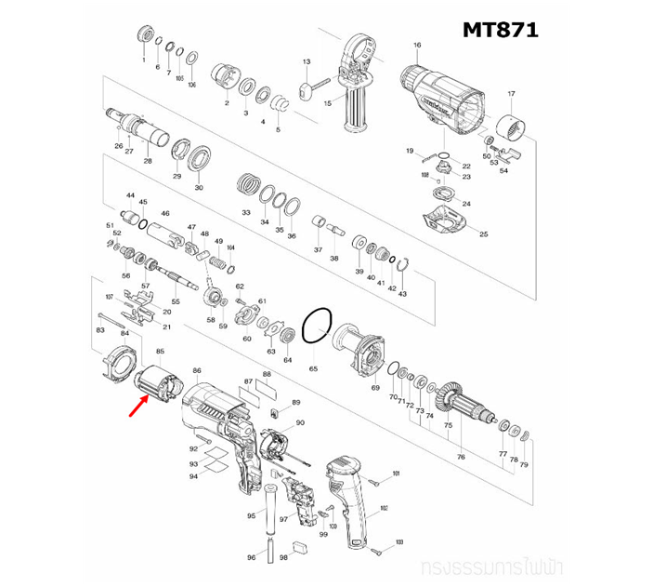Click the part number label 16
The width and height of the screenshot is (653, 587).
pos(417,46)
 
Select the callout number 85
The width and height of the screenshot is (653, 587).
pos(160,351)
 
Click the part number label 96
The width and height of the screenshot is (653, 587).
pos(250,557)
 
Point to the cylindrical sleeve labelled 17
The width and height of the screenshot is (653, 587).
pos(507,123)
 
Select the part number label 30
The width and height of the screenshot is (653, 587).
pos(198,187)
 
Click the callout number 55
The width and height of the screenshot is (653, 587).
pos(175,302)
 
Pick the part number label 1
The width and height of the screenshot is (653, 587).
pos(143,59)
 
